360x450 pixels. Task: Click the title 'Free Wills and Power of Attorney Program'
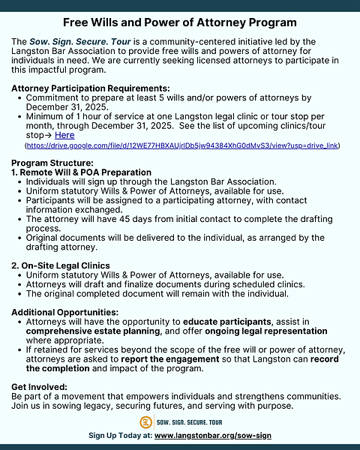[180, 23]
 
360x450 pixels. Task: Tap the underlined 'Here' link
[64, 135]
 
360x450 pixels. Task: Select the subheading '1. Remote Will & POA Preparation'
[81, 172]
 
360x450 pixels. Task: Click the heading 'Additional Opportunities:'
[65, 311]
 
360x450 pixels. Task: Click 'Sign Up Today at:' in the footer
[121, 436]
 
